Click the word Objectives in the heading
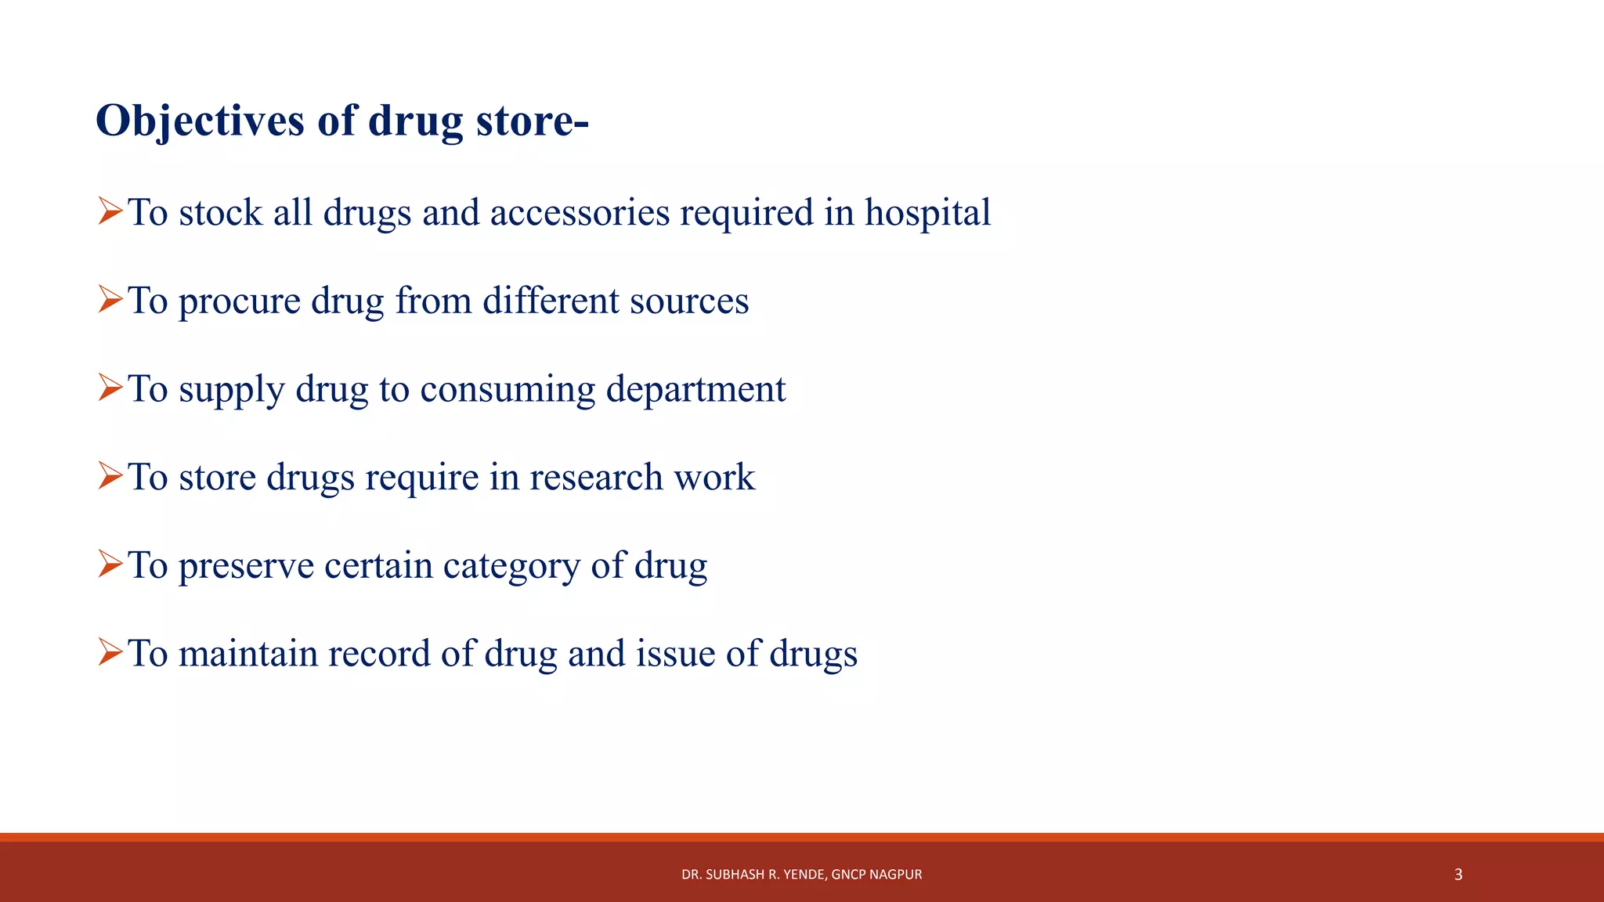(200, 122)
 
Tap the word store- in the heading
(532, 122)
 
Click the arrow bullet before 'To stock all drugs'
(110, 211)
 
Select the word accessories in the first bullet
(580, 213)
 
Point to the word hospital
(927, 213)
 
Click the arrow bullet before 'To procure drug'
(110, 300)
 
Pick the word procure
(240, 302)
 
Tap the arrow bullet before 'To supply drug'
(110, 388)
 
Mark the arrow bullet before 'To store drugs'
(110, 476)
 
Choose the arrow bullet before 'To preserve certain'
(110, 564)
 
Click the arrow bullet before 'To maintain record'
(110, 652)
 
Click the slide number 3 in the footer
(1458, 875)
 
